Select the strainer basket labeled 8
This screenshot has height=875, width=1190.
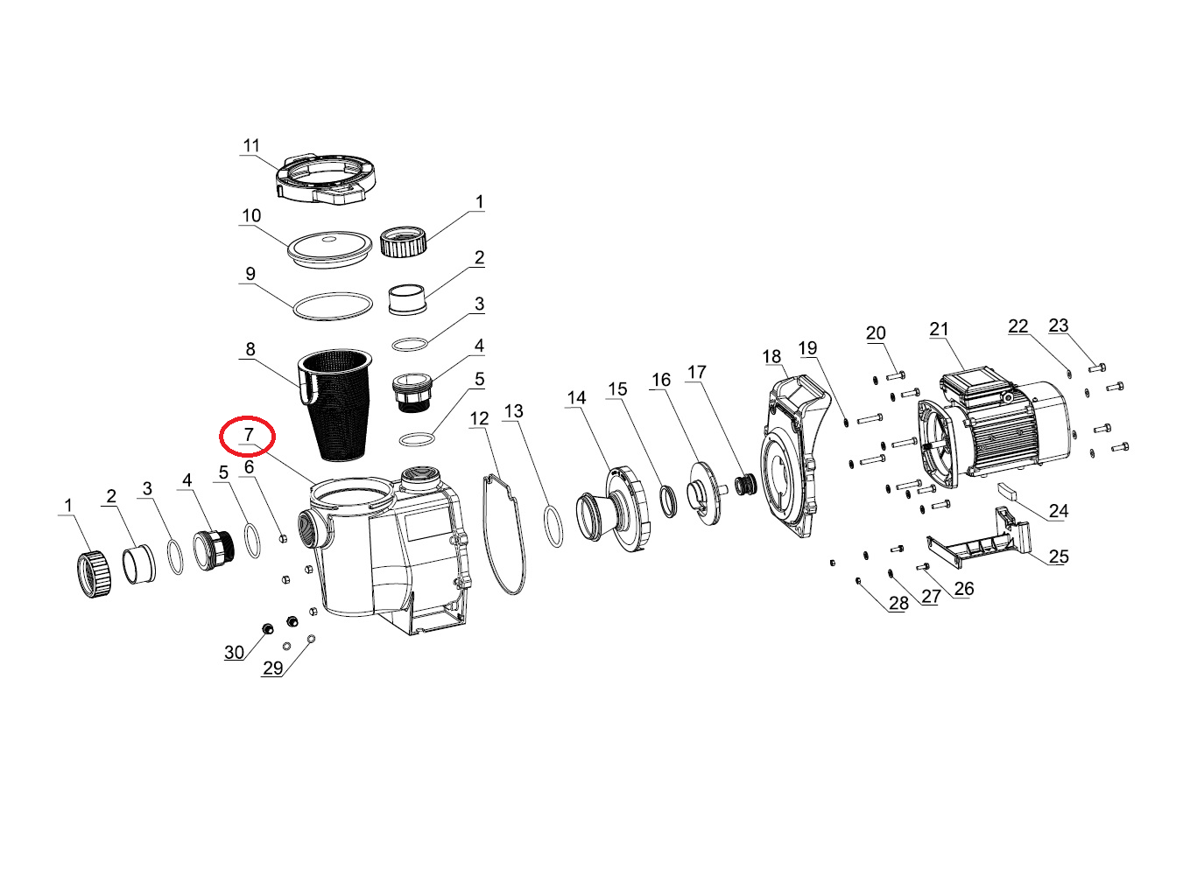click(x=334, y=404)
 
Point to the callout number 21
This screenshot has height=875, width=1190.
click(x=939, y=329)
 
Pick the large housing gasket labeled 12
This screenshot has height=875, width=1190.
click(x=504, y=535)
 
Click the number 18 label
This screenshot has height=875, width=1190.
click(x=772, y=356)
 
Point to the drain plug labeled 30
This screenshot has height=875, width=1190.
click(x=268, y=630)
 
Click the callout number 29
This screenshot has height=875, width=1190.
click(x=272, y=668)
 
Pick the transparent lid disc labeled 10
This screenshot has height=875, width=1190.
click(x=329, y=249)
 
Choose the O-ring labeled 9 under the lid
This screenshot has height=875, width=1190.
click(x=333, y=306)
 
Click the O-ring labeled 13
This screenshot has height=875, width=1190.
click(x=553, y=527)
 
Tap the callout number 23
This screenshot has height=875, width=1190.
click(x=1059, y=325)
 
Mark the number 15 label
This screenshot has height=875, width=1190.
click(x=617, y=389)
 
